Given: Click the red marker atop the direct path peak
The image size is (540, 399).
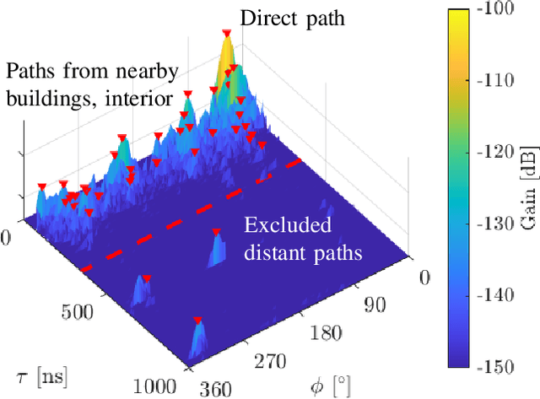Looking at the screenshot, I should (226, 33).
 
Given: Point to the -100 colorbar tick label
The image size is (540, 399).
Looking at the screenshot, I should (508, 9).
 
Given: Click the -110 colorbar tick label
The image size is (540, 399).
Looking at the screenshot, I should (508, 81).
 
